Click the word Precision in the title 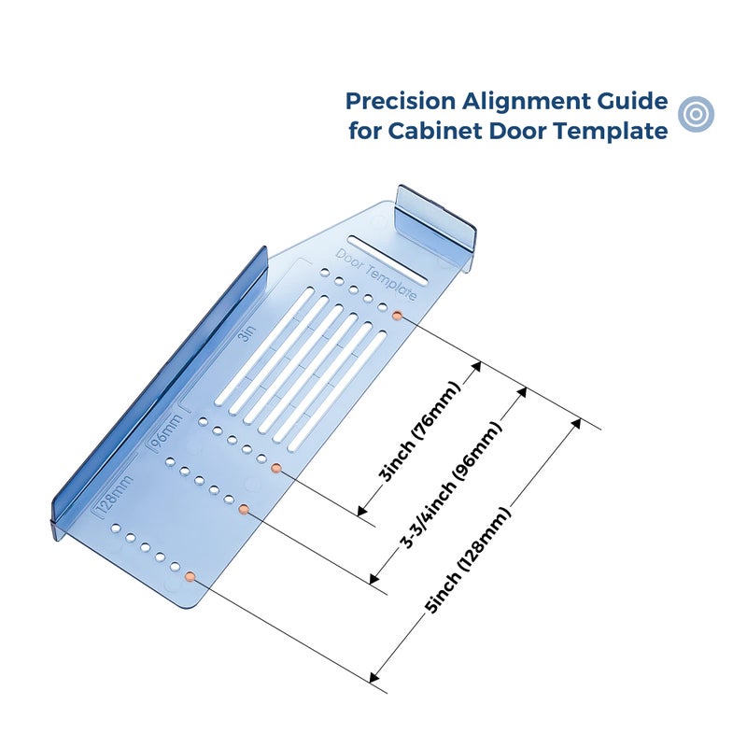401,101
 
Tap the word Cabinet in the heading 434,131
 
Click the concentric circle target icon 696,114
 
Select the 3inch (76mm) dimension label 419,431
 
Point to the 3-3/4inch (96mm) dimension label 450,485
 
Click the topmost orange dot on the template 397,316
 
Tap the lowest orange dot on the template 190,577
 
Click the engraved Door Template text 376,275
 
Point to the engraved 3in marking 247,333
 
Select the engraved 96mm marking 166,431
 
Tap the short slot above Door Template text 388,259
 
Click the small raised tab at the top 436,217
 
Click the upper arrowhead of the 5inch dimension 575,424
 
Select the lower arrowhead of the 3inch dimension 362,511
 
